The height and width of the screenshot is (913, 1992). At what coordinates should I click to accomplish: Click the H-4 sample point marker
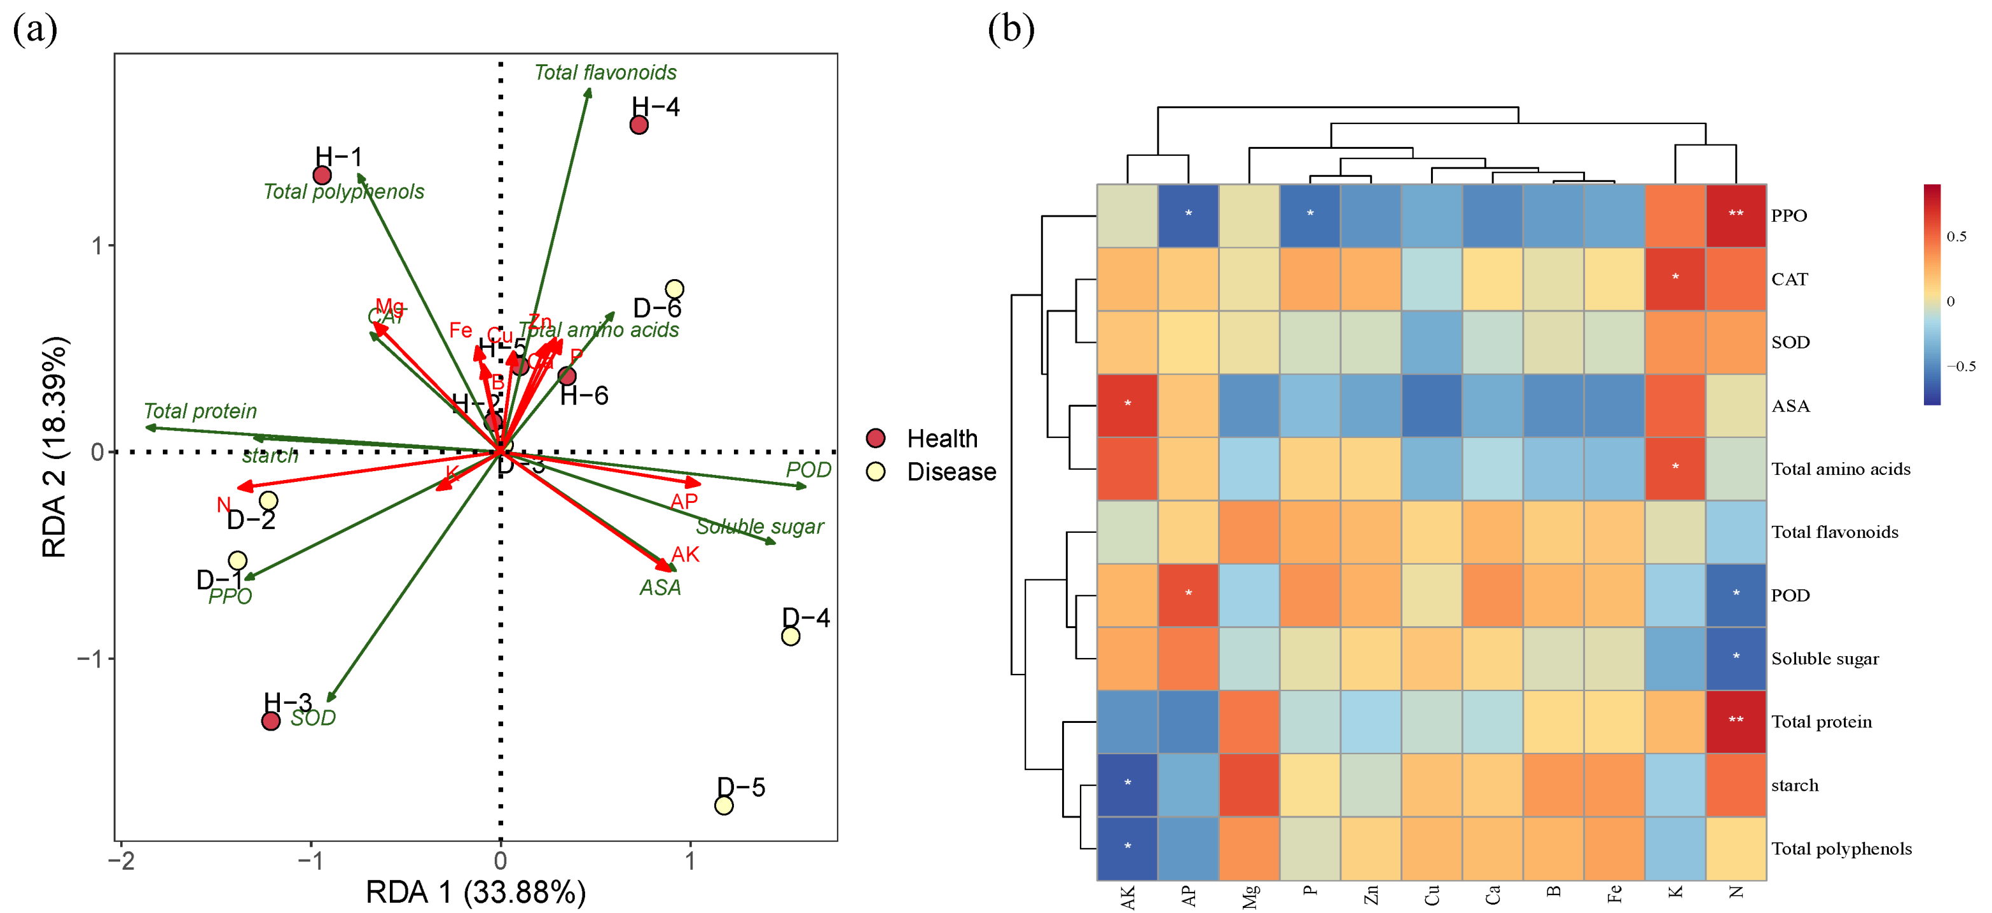coord(639,125)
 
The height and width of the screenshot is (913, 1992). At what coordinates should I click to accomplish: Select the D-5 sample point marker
coord(724,806)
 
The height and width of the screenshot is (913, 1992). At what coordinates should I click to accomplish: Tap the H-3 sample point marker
coord(271,721)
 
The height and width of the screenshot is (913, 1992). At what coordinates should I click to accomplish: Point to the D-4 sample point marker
coord(791,636)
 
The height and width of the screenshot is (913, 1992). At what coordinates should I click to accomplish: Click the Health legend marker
coord(875,438)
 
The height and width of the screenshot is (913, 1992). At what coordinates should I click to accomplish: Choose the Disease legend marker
coord(875,472)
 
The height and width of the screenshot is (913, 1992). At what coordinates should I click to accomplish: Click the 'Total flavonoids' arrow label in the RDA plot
coord(605,72)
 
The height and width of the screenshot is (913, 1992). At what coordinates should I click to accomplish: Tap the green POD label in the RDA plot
coord(808,470)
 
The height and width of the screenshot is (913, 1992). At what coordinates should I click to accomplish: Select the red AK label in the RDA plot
coord(685,554)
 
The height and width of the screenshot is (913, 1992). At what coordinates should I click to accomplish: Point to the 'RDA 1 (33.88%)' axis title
coord(476,892)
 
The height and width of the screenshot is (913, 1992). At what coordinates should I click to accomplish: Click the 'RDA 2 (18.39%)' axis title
coord(54,447)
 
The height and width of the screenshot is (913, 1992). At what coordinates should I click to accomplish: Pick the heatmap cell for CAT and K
coord(1675,279)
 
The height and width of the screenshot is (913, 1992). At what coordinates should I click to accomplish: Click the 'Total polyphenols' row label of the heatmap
coord(1841,849)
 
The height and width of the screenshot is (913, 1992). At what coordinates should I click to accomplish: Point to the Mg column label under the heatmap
coord(1250,896)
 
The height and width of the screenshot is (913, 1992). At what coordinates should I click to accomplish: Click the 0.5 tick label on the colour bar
coord(1956,237)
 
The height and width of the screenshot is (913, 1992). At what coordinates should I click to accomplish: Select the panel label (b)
coord(1011,29)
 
